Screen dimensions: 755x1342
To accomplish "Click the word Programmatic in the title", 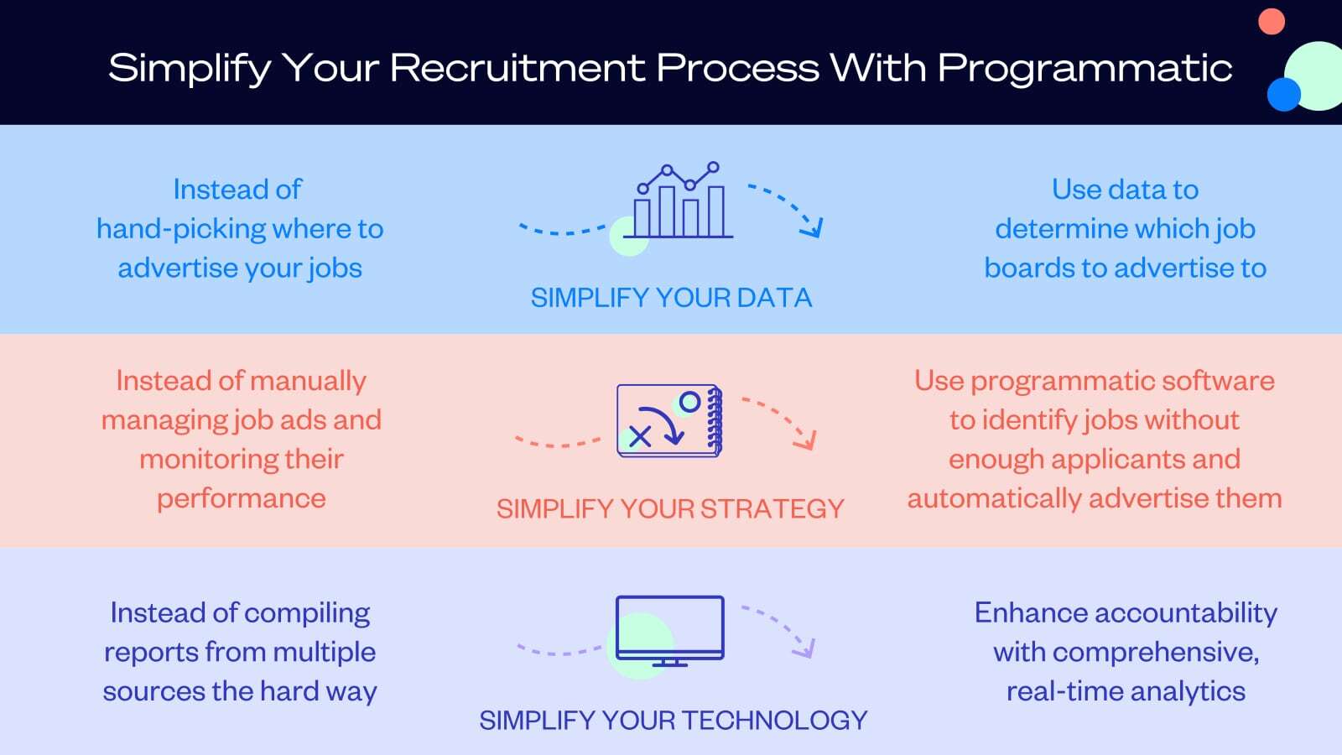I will coord(1085,69).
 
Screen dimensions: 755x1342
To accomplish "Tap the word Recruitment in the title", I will coord(520,69).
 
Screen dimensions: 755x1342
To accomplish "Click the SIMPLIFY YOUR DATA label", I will coord(671,298).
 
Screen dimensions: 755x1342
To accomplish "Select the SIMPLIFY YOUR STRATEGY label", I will coord(670,508).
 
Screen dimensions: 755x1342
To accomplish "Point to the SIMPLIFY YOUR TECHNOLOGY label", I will coord(673,720).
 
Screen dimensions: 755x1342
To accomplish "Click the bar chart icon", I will coord(679,201).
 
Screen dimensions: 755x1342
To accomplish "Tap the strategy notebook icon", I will coord(669,420).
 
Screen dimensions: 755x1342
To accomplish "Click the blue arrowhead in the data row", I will coord(813,227).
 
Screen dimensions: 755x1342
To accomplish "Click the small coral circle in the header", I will coord(1272,21).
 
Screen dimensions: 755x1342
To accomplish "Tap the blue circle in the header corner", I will coord(1283,94).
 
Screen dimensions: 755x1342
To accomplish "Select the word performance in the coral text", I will coord(242,498).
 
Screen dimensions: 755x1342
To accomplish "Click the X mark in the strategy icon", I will coord(640,435).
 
